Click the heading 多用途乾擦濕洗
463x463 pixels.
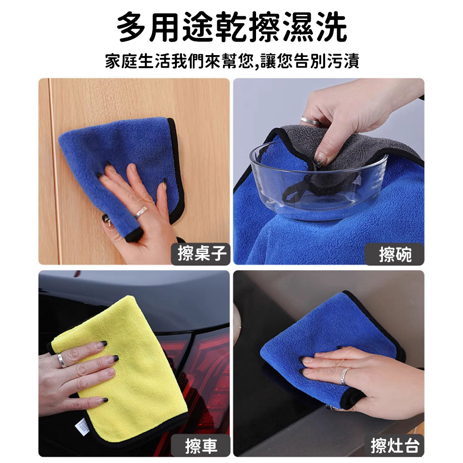232,27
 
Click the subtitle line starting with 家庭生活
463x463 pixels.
232,61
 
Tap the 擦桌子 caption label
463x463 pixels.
201,254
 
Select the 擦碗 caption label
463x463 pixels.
395,254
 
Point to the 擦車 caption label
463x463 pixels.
201,445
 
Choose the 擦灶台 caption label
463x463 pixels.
395,445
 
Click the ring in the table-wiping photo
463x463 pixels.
141,212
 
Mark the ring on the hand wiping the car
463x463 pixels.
62,361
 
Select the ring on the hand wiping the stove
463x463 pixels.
344,376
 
